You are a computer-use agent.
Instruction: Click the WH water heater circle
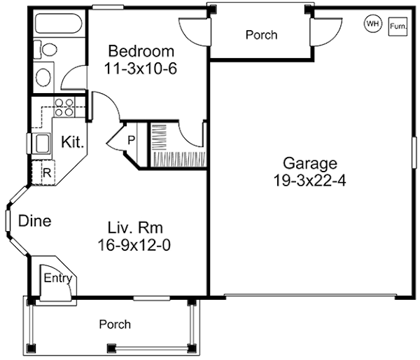pos(372,24)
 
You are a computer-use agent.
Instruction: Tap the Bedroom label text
pos(141,52)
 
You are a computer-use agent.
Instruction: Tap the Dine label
pos(35,221)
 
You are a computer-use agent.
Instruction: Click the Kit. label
pos(73,142)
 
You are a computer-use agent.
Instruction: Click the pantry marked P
pos(130,139)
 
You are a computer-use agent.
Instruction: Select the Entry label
pos(58,278)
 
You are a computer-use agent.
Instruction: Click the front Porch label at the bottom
pos(115,325)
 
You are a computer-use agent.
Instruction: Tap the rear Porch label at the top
pos(261,34)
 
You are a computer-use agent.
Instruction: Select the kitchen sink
pos(41,143)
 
